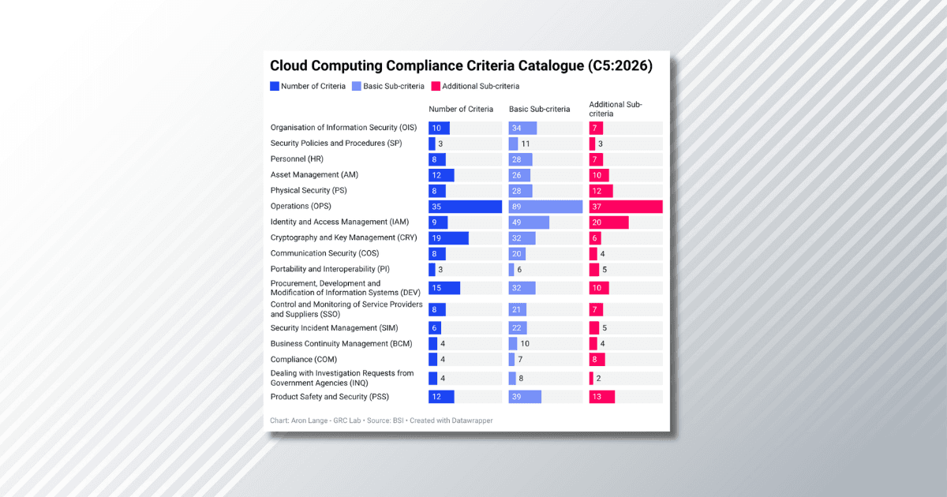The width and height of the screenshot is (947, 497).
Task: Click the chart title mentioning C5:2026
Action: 461,66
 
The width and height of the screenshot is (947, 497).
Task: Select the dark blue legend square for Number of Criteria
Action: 275,86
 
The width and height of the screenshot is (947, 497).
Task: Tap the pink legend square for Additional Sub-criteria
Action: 436,86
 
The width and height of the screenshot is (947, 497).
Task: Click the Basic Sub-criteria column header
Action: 539,109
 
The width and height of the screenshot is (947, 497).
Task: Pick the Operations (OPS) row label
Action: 301,207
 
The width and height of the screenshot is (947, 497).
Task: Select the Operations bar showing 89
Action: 545,207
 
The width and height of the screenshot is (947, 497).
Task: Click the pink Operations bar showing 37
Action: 626,207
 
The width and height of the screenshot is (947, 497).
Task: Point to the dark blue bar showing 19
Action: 448,238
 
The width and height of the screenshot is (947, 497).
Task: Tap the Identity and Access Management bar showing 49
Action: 529,222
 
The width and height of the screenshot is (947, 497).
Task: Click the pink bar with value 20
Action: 608,222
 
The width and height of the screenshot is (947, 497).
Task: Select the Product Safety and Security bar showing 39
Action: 525,397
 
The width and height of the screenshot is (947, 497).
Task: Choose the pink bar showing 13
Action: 601,397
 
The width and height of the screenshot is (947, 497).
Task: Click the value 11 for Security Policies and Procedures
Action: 526,144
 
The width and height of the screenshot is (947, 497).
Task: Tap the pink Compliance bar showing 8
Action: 597,360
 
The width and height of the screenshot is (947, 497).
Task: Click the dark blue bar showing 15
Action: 444,288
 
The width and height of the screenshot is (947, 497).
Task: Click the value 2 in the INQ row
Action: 599,379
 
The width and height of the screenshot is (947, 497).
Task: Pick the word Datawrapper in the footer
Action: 472,420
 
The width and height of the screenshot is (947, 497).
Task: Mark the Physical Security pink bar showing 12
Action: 601,191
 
